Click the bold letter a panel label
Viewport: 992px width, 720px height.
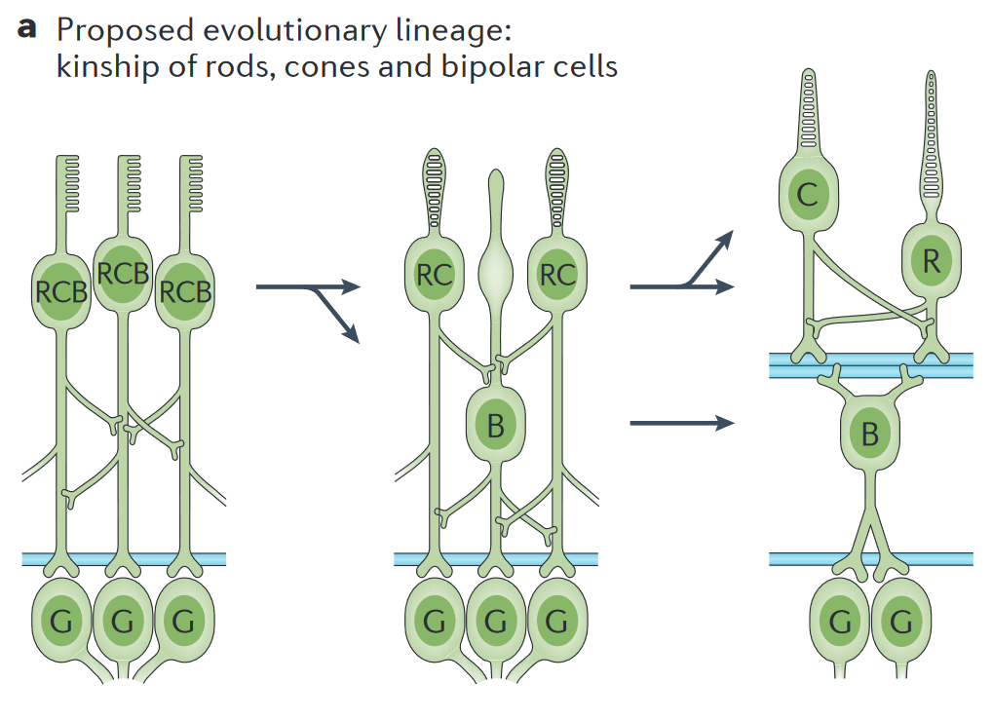(x=27, y=28)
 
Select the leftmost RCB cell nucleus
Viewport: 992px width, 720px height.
(x=61, y=290)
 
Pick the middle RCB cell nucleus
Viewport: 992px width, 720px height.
(x=123, y=274)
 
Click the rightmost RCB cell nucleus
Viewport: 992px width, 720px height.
(x=185, y=290)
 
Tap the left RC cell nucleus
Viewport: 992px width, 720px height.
(x=434, y=276)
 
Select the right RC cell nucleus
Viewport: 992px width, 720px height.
(x=557, y=276)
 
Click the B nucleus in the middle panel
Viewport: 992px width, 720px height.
(x=496, y=425)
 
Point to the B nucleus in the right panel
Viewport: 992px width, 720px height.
(x=870, y=434)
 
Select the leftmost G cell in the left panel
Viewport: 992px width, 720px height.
(x=61, y=621)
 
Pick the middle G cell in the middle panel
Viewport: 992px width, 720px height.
(x=496, y=621)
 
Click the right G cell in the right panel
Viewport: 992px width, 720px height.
(x=901, y=621)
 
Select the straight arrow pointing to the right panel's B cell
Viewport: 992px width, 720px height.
(x=681, y=423)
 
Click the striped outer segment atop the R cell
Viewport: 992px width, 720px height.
(x=931, y=136)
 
